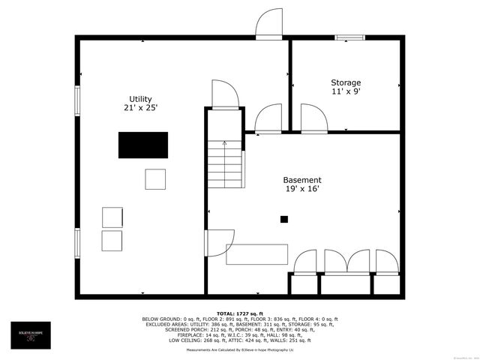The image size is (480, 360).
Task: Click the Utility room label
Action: point(140,99)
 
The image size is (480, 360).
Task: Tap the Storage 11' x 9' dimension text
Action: point(346,92)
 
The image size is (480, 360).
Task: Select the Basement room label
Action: point(302,180)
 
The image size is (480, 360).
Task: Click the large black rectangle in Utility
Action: point(143,145)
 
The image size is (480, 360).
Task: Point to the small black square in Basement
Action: point(284,220)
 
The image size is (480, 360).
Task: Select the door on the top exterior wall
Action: point(268,24)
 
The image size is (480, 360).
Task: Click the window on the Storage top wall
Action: point(349,36)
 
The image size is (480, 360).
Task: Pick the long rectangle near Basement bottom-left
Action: point(257,253)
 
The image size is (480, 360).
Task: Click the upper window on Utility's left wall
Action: point(76,100)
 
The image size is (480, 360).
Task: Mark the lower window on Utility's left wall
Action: point(76,244)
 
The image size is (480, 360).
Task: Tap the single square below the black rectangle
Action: point(155,179)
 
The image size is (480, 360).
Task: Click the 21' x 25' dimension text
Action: point(140,108)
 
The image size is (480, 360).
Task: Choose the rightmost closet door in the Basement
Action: point(386,263)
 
